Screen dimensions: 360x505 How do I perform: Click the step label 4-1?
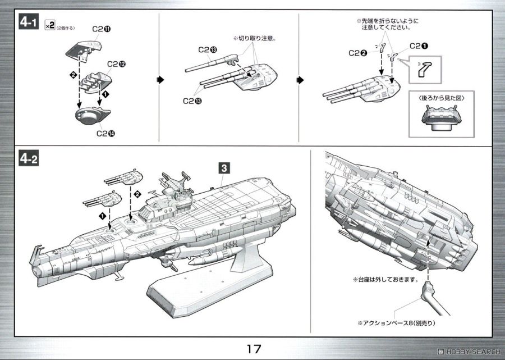point(29,23)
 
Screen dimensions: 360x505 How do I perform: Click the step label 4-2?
point(29,160)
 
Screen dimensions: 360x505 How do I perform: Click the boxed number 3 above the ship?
point(223,167)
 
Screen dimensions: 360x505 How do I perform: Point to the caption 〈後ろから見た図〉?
point(440,97)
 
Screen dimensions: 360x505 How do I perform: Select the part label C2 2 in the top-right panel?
point(358,53)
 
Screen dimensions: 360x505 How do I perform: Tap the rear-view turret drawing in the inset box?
point(440,117)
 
